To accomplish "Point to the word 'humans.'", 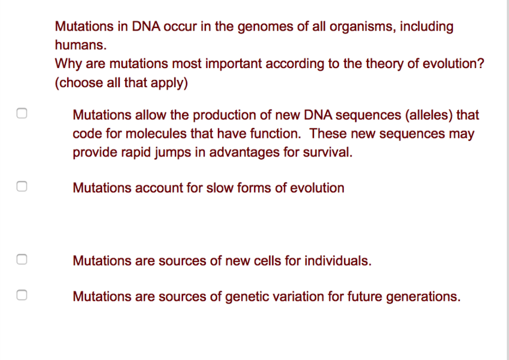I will click(80, 45).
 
